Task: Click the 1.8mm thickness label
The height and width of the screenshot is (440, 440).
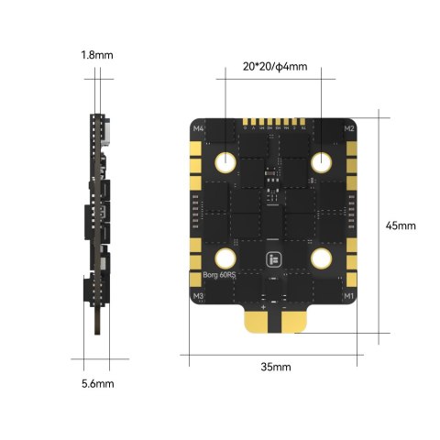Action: pos(96,55)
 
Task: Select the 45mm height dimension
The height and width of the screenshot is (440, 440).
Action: pos(401,225)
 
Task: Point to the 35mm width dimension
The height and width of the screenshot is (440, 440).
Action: pos(275,367)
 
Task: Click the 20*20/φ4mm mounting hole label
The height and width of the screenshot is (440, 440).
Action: pos(275,67)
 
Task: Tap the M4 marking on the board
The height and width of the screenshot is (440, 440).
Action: pos(198,129)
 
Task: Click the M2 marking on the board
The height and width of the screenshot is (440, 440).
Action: pos(349,129)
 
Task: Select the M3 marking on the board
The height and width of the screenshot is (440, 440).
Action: pos(198,296)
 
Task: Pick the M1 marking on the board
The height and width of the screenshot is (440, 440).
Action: pos(348,296)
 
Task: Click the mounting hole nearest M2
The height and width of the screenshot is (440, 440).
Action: pos(321,163)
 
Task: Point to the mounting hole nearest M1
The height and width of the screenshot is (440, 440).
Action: pos(321,258)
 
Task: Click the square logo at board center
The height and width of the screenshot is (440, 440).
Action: pos(273,259)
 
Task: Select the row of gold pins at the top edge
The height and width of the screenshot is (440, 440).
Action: pos(273,122)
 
